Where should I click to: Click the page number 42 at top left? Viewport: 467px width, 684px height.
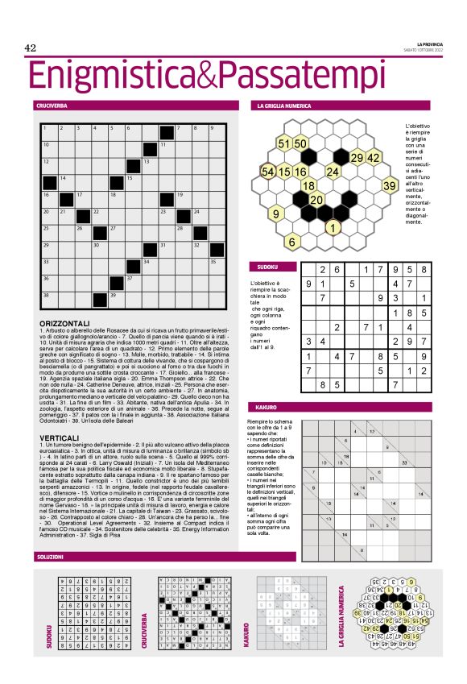click(x=33, y=48)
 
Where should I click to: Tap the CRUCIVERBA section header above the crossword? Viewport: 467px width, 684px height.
click(x=52, y=106)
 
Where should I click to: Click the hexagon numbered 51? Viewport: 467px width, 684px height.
click(x=283, y=143)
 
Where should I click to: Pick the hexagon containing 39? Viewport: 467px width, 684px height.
click(x=389, y=186)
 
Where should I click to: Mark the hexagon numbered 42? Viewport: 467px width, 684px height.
click(x=373, y=158)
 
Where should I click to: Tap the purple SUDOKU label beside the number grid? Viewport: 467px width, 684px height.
click(x=267, y=267)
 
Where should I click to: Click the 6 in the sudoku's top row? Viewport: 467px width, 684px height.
click(x=337, y=270)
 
